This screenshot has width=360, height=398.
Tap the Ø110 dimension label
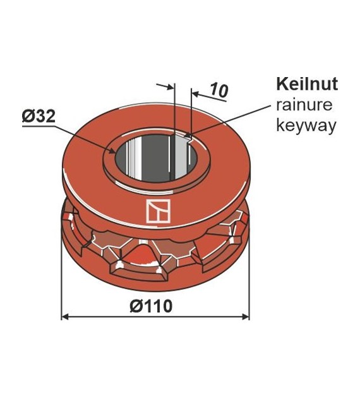tap(151, 306)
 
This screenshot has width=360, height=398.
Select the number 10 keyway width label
tap(218, 90)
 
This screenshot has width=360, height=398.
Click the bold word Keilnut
tap(306, 84)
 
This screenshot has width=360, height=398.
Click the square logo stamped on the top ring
tap(155, 211)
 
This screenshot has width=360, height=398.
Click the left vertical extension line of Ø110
tap(61, 278)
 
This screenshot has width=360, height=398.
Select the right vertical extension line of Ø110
tap(249, 278)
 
